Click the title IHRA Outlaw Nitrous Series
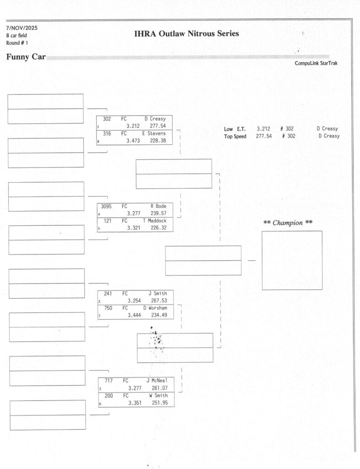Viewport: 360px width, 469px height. (186, 33)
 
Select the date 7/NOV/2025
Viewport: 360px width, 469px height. (22, 28)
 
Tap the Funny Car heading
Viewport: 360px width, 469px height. (26, 57)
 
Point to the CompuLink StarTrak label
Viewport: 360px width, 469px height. (316, 63)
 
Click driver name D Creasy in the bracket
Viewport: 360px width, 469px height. (155, 119)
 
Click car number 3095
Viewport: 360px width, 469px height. (108, 207)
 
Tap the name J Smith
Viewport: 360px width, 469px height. (158, 294)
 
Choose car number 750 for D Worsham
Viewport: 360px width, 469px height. (108, 308)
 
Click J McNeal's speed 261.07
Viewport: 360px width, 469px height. (159, 388)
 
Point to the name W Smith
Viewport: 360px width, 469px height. (158, 396)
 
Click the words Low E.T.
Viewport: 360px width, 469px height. (235, 129)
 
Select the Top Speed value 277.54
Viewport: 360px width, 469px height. (264, 136)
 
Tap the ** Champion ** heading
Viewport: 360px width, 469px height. (288, 223)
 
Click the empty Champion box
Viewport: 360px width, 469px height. (292, 260)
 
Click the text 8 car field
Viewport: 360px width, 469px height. (16, 35)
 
